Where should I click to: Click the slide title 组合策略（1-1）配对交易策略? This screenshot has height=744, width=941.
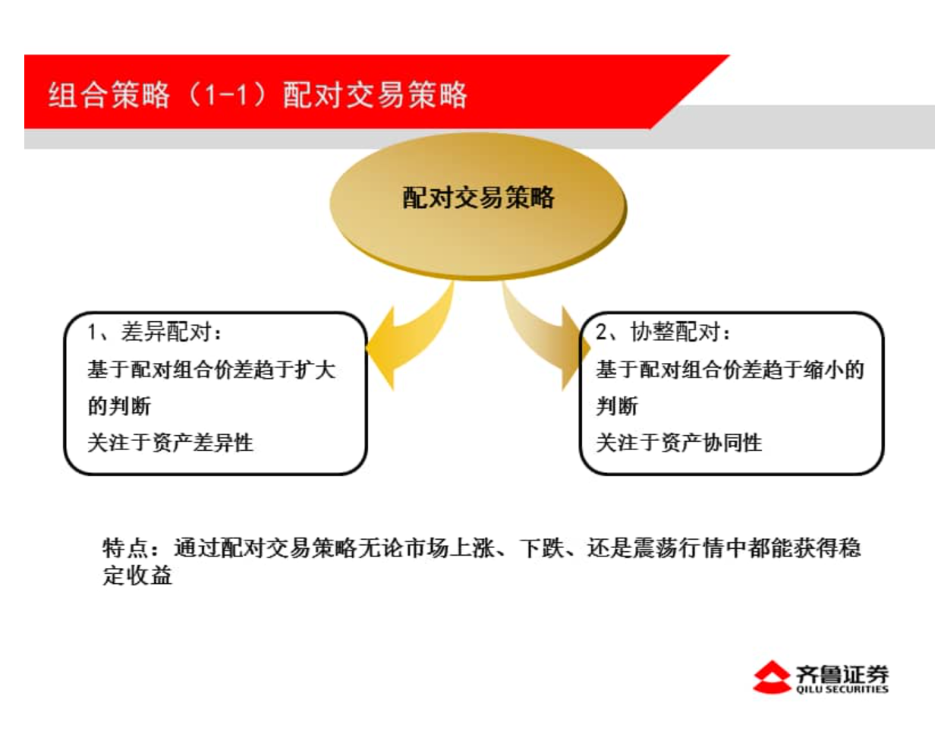click(x=258, y=94)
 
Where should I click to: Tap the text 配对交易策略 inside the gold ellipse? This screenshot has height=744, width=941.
click(x=478, y=197)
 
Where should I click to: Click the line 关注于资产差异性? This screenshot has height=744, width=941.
click(x=170, y=443)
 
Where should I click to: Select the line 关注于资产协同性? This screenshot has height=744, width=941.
click(x=678, y=443)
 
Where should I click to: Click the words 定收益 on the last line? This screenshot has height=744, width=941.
click(x=137, y=575)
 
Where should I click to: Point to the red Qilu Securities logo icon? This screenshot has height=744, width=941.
click(x=772, y=677)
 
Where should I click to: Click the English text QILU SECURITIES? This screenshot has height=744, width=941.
click(x=842, y=690)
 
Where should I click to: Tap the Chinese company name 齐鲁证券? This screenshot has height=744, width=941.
click(x=842, y=673)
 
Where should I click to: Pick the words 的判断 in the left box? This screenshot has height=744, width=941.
click(x=119, y=406)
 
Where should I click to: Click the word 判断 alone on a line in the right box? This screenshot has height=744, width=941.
click(x=617, y=406)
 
